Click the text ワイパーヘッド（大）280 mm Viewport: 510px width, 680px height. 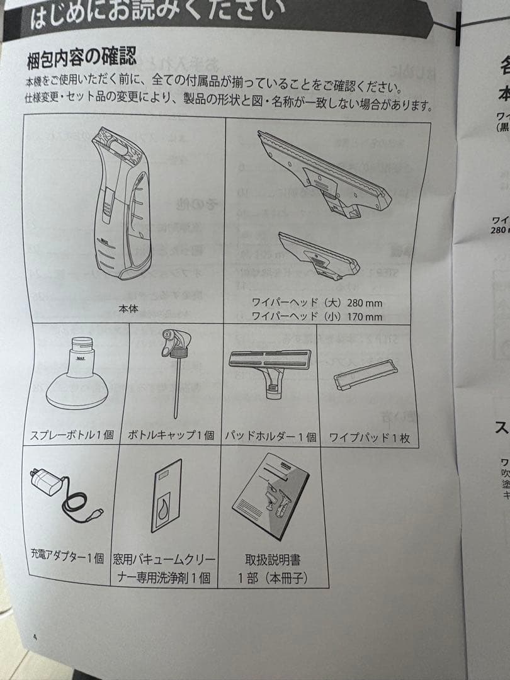coord(317,303)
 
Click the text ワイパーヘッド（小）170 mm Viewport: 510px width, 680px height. coord(317,317)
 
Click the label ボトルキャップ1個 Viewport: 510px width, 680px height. coord(171,436)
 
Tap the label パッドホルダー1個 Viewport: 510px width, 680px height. coord(271,436)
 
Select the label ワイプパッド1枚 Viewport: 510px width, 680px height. coord(369,438)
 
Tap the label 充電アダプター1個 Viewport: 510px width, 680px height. coord(67,558)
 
